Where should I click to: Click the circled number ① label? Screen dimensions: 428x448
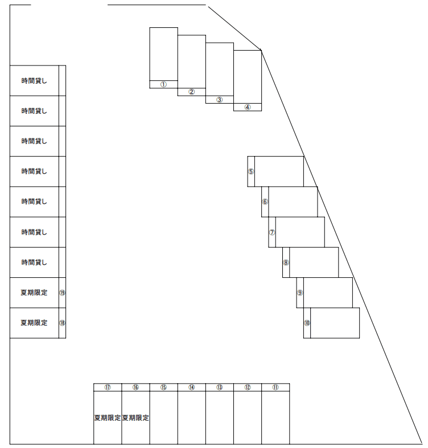tap(163, 85)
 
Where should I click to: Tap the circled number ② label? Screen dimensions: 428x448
tap(191, 92)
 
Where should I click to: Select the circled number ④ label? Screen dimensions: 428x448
tap(248, 107)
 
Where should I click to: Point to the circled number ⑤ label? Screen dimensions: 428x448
tap(251, 171)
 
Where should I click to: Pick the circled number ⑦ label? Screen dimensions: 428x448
tap(272, 232)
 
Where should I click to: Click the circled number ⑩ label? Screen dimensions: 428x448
tap(307, 323)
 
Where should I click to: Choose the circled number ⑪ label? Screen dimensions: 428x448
tap(275, 387)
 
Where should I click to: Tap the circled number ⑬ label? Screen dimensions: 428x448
tap(220, 387)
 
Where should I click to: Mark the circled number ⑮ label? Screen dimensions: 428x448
tap(163, 387)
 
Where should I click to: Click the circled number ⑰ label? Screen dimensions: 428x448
tap(108, 387)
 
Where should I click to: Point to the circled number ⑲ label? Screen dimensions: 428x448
tap(62, 293)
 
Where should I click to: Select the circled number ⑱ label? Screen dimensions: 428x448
tap(62, 323)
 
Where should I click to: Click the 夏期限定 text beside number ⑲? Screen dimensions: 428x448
tap(34, 293)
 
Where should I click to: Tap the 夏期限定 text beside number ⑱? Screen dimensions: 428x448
tap(34, 323)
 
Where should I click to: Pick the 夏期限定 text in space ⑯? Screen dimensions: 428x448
tap(135, 418)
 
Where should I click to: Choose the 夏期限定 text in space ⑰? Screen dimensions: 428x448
tap(108, 418)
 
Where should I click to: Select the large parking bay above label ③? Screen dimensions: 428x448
tap(220, 69)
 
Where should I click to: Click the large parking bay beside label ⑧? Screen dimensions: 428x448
tap(314, 262)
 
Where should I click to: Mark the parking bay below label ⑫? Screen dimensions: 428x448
tap(248, 417)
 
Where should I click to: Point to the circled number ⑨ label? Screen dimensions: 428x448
tap(300, 293)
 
